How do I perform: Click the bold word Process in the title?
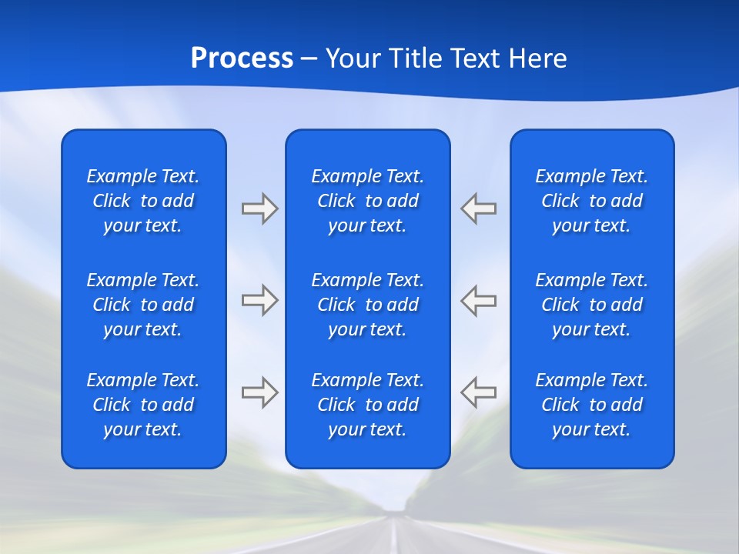pos(242,58)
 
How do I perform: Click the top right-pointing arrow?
pos(259,209)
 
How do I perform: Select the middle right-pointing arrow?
pos(259,300)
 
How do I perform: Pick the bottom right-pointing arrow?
pos(259,392)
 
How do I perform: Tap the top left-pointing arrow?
pos(479,209)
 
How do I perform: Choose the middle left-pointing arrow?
pos(479,300)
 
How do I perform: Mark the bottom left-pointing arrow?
pos(479,392)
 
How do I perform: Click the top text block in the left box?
pos(143,201)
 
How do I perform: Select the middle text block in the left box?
pos(143,305)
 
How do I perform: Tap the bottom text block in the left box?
pos(143,405)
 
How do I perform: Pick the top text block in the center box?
pos(368,201)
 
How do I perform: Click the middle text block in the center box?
pos(368,305)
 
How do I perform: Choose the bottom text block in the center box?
pos(368,405)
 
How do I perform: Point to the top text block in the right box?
pos(592,201)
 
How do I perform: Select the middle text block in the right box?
pos(592,305)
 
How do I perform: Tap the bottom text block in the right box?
pos(592,405)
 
